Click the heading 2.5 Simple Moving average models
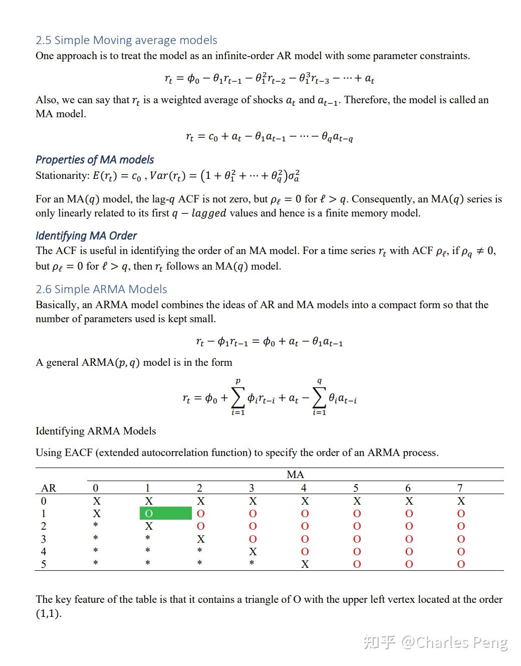click(126, 40)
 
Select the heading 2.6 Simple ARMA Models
click(101, 289)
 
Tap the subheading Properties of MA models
click(95, 160)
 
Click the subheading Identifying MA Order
click(86, 236)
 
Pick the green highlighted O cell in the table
click(165, 513)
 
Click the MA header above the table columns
click(295, 475)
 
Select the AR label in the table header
click(49, 488)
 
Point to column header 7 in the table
click(460, 488)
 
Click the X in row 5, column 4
click(305, 564)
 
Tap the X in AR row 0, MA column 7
click(461, 501)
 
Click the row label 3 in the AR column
click(44, 539)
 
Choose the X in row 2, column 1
click(149, 526)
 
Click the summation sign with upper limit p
click(238, 398)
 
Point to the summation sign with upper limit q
click(319, 398)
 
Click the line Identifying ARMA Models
click(96, 431)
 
